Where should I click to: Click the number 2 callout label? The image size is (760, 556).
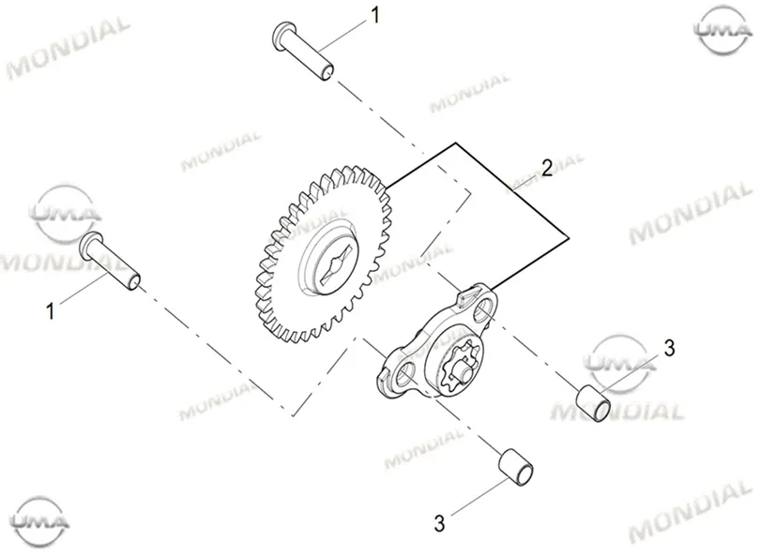547,168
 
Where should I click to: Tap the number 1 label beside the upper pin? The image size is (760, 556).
374,15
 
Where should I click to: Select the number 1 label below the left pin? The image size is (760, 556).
50,311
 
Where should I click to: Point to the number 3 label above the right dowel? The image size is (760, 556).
669,348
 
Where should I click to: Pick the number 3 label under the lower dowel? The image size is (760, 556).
439,523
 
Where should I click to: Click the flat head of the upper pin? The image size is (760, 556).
281,35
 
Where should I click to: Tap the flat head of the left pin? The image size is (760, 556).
88,245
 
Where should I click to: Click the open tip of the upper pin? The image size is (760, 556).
327,72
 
